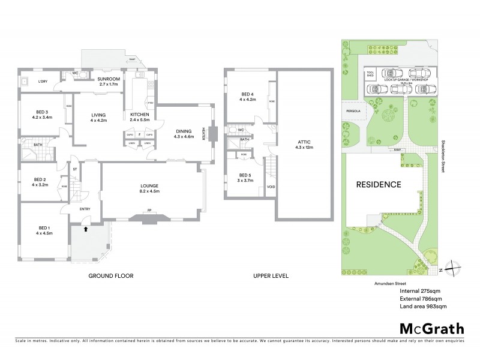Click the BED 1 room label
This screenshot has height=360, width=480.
pyautogui.click(x=44, y=230)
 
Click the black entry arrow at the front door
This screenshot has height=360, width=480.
pyautogui.click(x=85, y=229)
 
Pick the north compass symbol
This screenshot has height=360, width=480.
pyautogui.click(x=454, y=269)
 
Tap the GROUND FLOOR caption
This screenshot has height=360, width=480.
pyautogui.click(x=110, y=276)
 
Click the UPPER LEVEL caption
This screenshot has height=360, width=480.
pyautogui.click(x=270, y=276)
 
